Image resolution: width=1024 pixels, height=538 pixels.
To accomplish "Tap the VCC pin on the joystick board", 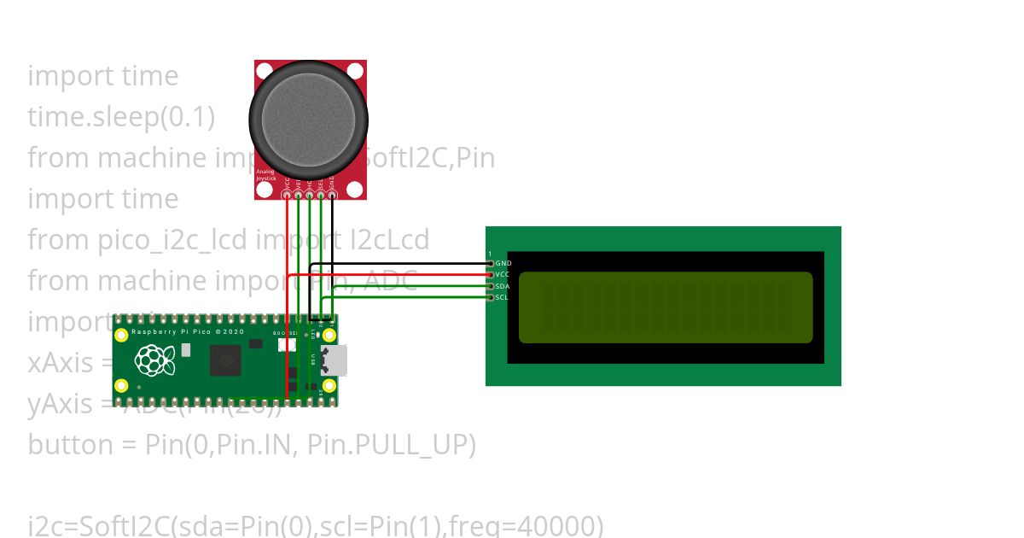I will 287,195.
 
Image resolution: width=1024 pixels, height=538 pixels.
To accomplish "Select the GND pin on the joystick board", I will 332,195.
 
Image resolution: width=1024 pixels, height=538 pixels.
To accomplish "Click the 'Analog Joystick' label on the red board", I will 265,174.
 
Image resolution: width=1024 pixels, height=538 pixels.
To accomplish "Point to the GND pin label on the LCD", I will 503,263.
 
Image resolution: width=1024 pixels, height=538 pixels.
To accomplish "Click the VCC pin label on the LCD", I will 503,274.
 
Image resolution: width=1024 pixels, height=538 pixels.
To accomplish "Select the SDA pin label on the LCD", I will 503,286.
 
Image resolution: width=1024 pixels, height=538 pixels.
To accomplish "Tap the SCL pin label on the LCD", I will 503,297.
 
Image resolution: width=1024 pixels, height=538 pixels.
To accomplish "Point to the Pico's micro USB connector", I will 334,360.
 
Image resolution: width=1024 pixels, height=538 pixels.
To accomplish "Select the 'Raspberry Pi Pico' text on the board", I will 175,330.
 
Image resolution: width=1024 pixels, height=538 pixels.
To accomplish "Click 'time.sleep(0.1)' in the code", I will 121,117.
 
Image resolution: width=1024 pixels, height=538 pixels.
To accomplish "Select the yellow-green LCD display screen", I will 666,307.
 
